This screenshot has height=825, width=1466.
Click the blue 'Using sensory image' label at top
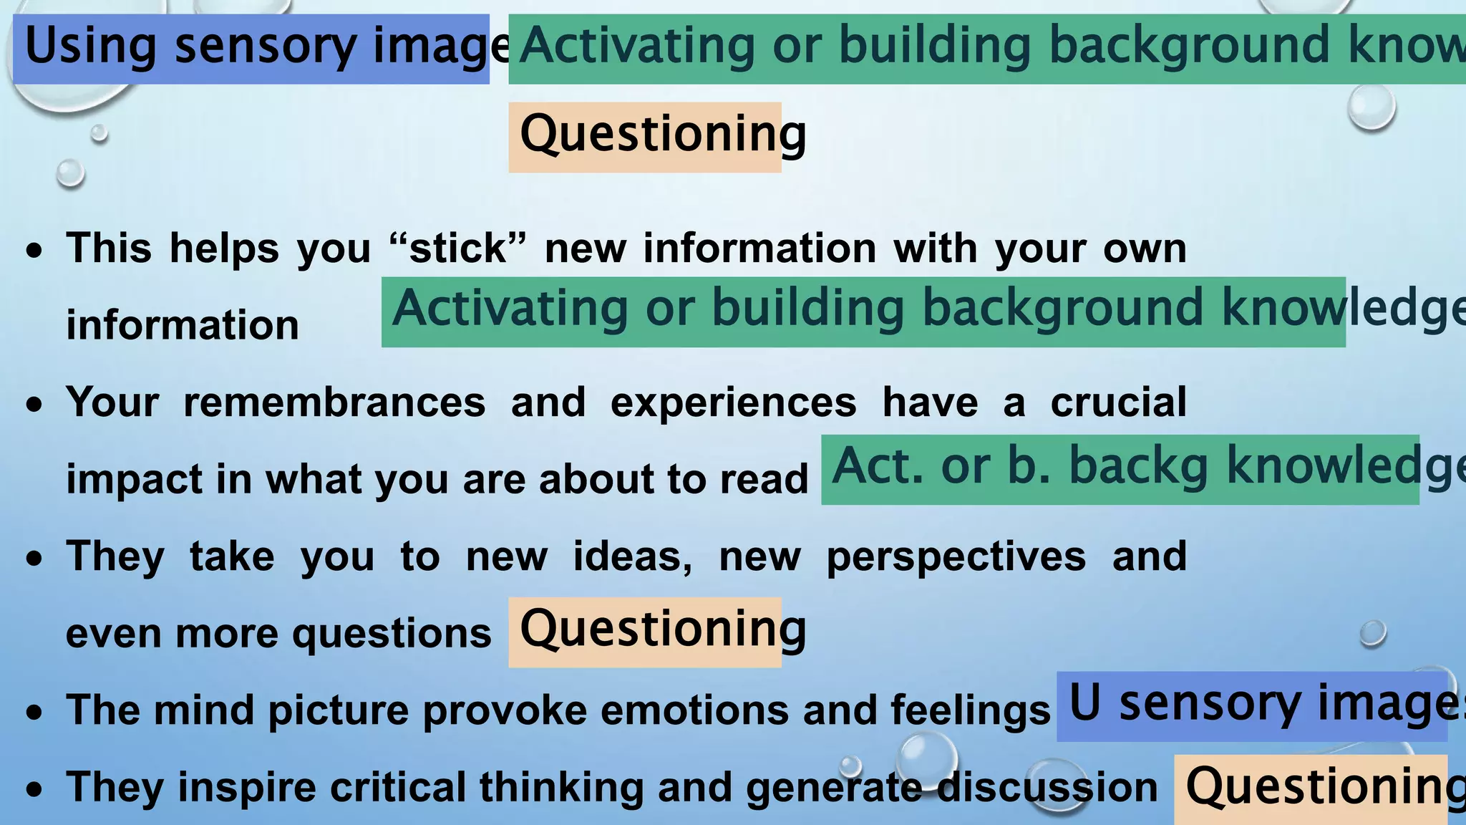(x=251, y=49)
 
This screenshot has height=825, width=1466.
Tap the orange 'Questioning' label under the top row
(x=644, y=137)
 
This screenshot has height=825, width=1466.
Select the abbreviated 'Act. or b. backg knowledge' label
(x=1120, y=469)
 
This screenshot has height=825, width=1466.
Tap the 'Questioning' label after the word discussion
(x=1310, y=788)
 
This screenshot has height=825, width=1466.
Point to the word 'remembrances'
(x=334, y=402)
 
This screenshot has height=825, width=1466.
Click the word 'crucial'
(x=1118, y=402)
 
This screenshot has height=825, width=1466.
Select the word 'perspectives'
(x=956, y=557)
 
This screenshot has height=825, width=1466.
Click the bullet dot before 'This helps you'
(x=34, y=251)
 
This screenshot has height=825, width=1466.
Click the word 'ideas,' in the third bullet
(x=632, y=557)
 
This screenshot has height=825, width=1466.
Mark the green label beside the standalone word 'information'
(x=863, y=312)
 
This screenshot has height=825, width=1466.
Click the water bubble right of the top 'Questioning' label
(x=1371, y=107)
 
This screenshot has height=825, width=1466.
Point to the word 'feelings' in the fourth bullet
(x=970, y=711)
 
